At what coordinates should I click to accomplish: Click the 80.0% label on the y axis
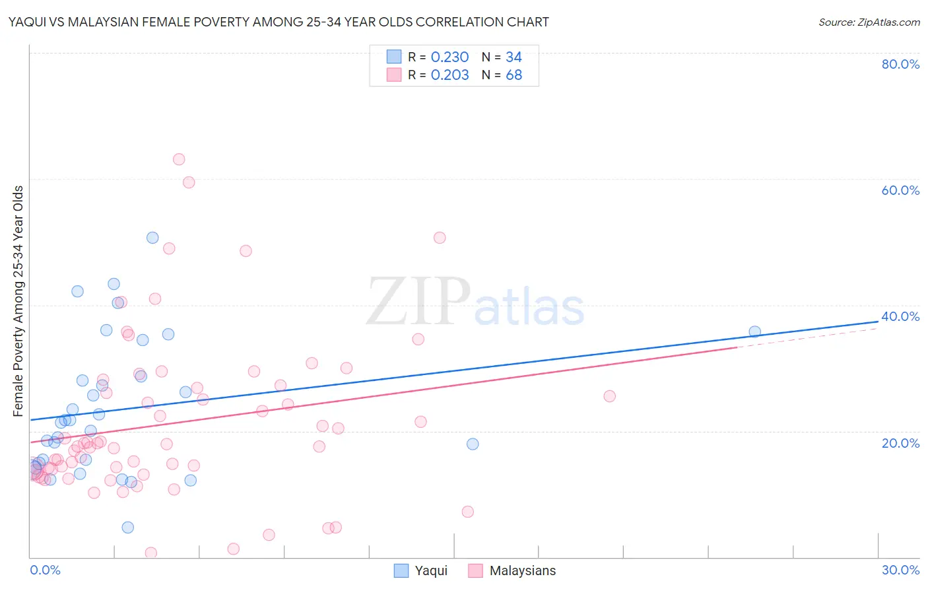click(x=900, y=64)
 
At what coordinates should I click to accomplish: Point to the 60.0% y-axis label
click(x=900, y=190)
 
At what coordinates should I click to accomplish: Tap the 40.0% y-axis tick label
click(x=900, y=316)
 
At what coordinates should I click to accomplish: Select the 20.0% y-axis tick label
click(x=900, y=443)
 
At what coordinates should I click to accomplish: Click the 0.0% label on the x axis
click(x=45, y=570)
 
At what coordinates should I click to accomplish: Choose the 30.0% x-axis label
click(x=900, y=570)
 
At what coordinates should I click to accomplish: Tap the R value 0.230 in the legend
click(x=449, y=57)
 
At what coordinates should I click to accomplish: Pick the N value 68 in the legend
click(x=514, y=75)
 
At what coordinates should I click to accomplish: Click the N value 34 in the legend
click(x=514, y=57)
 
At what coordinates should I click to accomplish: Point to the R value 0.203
click(x=449, y=75)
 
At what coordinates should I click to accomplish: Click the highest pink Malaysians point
click(x=179, y=159)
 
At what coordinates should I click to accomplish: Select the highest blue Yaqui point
click(x=152, y=238)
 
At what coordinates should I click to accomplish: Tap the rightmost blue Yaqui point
click(x=754, y=331)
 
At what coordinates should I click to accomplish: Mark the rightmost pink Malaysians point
click(x=610, y=396)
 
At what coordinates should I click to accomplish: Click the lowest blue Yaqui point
click(x=128, y=527)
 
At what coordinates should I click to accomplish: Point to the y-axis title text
click(x=18, y=301)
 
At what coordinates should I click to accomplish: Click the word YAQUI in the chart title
click(x=26, y=22)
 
